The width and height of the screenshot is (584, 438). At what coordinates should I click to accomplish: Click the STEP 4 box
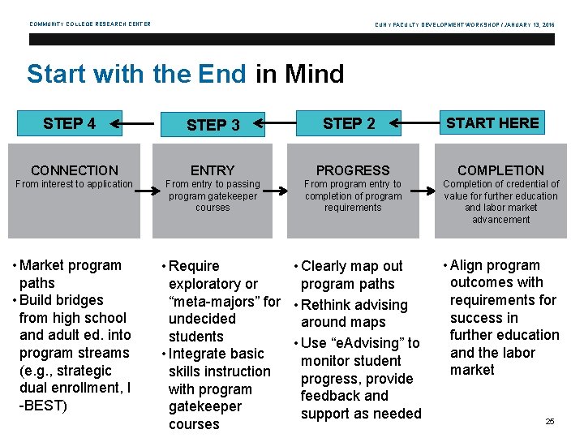[69, 123]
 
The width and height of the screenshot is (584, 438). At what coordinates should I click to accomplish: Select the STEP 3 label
[213, 125]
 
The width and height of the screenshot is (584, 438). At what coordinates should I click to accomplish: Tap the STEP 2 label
[349, 123]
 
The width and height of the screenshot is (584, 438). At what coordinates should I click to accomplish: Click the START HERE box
[492, 122]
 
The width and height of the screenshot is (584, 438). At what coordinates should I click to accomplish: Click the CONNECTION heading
[74, 170]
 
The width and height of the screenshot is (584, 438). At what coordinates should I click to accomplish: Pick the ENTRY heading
[213, 170]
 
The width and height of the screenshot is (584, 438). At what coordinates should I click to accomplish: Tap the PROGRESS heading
[353, 170]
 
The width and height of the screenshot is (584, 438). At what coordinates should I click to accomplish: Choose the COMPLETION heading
[500, 170]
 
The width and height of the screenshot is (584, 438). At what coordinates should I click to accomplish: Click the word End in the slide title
[221, 75]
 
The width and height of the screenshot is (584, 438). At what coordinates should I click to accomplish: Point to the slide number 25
[550, 422]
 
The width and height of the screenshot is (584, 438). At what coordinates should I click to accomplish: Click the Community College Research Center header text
[90, 24]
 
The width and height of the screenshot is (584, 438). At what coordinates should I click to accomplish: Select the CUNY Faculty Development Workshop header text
[466, 24]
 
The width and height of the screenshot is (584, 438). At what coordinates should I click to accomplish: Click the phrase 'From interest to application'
[74, 184]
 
